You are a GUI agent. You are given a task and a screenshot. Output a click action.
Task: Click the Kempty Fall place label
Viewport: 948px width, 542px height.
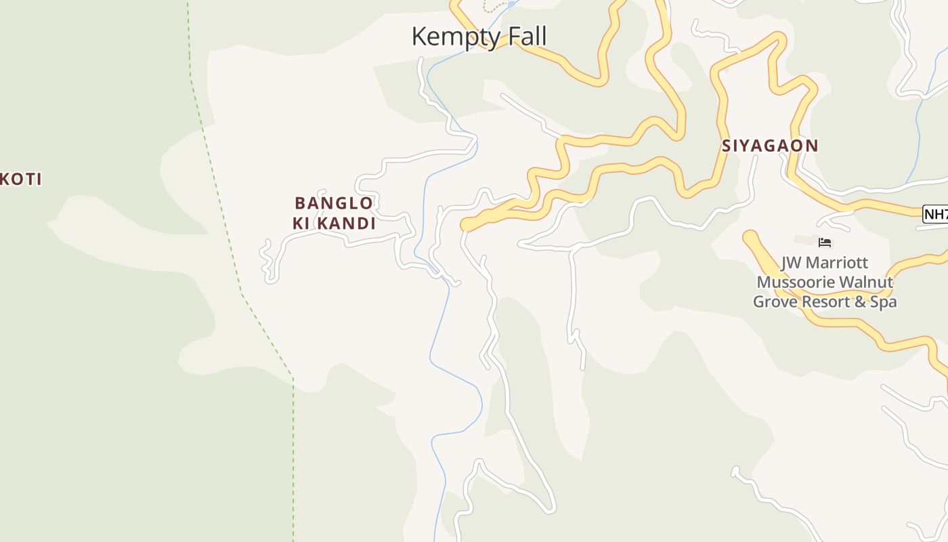(x=479, y=36)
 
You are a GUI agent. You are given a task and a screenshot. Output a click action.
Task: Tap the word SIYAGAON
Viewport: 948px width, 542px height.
(x=770, y=146)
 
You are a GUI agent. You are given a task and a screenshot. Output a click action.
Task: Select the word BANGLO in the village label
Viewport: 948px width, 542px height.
(x=333, y=203)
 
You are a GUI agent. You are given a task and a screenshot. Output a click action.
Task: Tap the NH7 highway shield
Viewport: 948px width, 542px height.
(x=936, y=214)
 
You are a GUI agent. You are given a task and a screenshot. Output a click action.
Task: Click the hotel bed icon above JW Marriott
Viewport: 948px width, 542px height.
(x=824, y=243)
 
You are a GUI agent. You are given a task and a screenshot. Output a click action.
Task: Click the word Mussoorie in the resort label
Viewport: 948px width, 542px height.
(x=796, y=283)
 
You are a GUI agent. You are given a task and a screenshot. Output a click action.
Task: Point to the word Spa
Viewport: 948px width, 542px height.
(x=883, y=302)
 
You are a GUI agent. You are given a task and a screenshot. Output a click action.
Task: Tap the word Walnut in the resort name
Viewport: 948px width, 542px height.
(x=869, y=283)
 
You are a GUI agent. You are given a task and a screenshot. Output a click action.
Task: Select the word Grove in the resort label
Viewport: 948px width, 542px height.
(x=775, y=302)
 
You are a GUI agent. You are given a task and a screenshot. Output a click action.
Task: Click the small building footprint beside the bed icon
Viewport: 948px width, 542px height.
(x=804, y=240)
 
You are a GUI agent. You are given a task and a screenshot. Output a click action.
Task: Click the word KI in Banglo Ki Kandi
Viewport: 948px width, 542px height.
(x=302, y=223)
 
